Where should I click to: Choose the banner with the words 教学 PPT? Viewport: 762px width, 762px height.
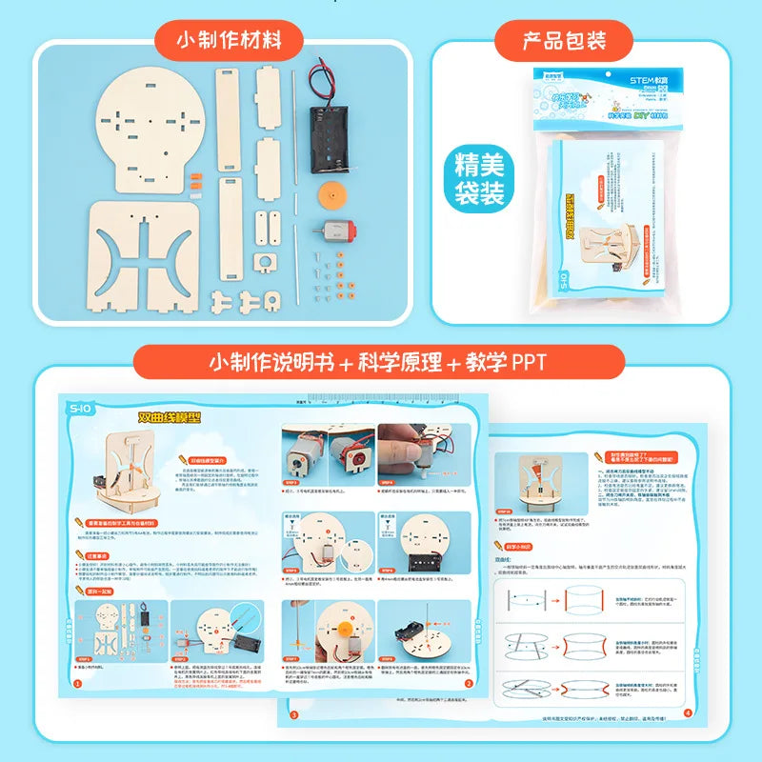point(380,363)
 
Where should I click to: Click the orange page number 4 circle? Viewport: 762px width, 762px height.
point(688,711)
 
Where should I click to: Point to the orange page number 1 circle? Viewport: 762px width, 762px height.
point(77,683)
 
